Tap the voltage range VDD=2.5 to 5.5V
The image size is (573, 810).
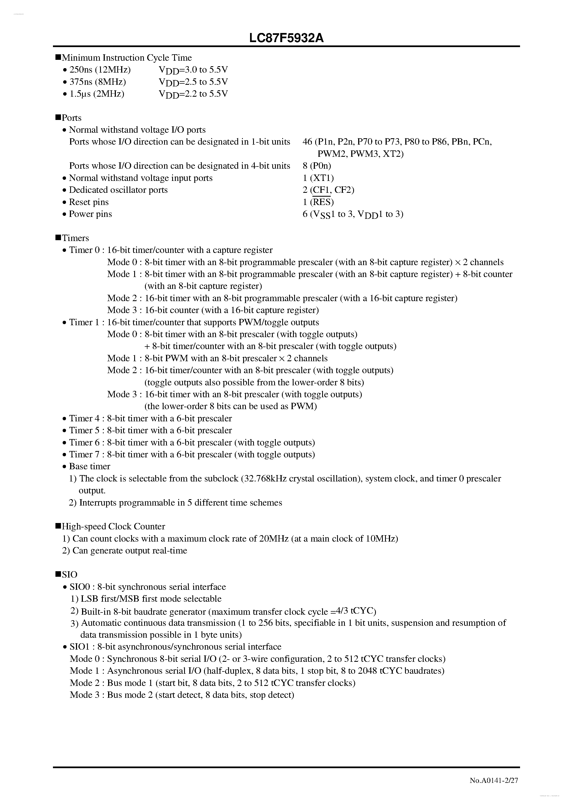coord(193,82)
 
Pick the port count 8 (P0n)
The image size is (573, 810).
coord(317,166)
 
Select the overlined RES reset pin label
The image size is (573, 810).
coord(322,202)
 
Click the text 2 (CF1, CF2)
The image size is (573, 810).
coord(328,190)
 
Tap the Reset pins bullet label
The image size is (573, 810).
coord(89,202)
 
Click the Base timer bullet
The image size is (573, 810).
coord(90,466)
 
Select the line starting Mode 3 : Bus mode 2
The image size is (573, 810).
coord(182,695)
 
